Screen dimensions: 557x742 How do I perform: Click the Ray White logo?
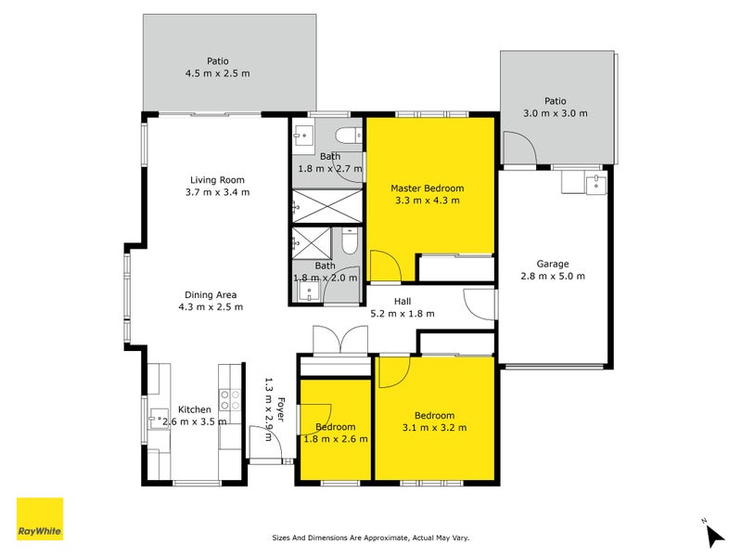point(40,519)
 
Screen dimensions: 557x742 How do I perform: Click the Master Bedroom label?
point(427,188)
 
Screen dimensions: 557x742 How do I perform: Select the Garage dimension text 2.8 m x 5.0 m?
point(552,276)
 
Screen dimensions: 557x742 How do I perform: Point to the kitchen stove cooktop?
point(229,405)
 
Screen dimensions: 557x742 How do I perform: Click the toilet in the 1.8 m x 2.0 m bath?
point(346,244)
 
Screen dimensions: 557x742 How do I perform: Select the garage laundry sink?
point(596,183)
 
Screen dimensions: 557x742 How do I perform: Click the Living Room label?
point(217,180)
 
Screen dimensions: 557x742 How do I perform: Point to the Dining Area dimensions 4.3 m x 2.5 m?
point(211,307)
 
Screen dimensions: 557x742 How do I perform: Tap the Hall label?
point(402,301)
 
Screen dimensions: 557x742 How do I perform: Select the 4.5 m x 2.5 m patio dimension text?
point(219,73)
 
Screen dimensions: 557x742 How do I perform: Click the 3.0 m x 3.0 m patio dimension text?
point(556,113)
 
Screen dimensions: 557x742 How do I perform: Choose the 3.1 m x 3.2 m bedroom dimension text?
point(434,428)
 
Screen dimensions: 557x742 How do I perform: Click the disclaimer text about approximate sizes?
point(370,538)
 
